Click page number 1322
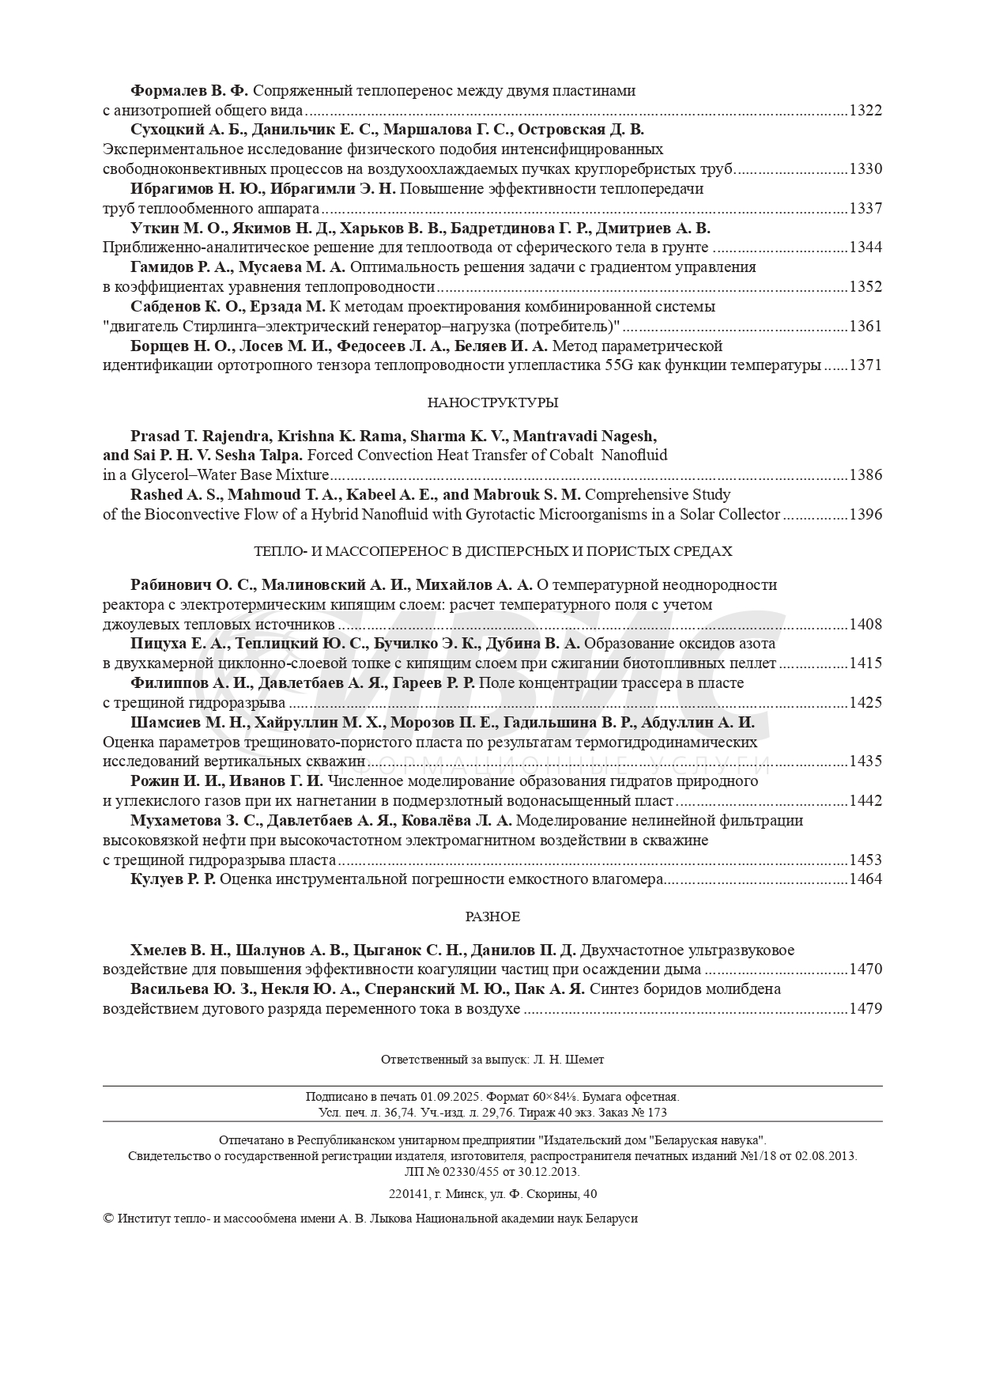point(865,111)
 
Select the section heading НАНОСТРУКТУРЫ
point(492,402)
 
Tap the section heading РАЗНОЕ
point(492,916)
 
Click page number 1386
point(865,475)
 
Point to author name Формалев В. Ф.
point(189,91)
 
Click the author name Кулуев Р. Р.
point(172,879)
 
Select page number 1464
point(865,879)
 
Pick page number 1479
point(865,1009)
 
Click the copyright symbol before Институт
point(108,1219)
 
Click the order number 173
point(657,1112)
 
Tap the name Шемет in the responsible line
point(587,1059)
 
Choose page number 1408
point(865,625)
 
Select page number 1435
point(865,762)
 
